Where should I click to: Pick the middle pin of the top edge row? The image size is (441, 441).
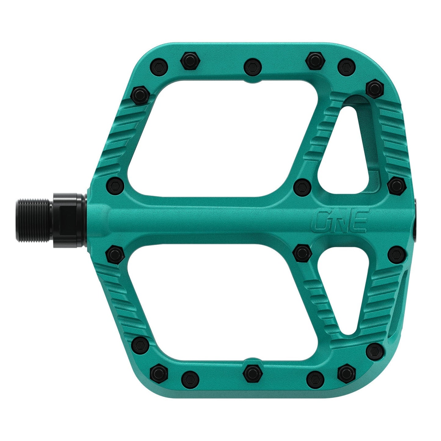click(x=253, y=66)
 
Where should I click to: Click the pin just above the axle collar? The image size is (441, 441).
click(x=116, y=185)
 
